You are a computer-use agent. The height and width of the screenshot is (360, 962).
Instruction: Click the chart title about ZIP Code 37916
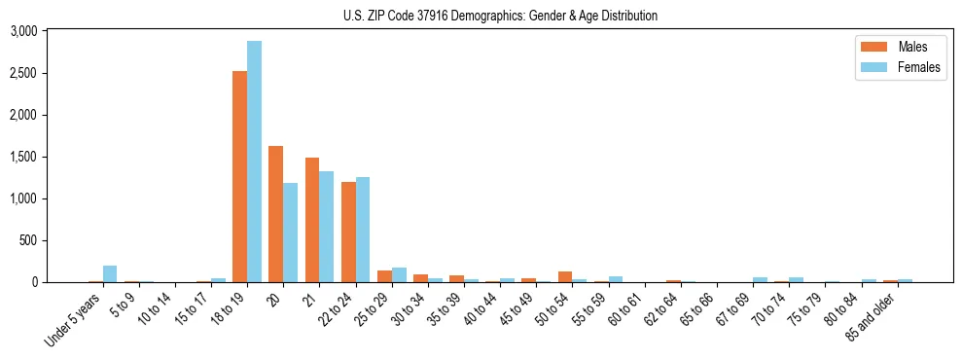(500, 16)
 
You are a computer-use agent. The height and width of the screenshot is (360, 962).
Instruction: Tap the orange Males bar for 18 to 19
(239, 176)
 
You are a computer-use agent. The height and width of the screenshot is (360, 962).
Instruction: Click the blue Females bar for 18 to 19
(254, 162)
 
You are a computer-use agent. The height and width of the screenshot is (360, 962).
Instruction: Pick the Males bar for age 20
(275, 214)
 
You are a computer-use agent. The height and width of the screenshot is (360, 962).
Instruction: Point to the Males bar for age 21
(311, 220)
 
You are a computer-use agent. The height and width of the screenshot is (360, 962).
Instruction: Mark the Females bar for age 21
(326, 227)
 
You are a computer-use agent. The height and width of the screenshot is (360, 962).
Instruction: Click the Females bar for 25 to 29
(399, 275)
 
